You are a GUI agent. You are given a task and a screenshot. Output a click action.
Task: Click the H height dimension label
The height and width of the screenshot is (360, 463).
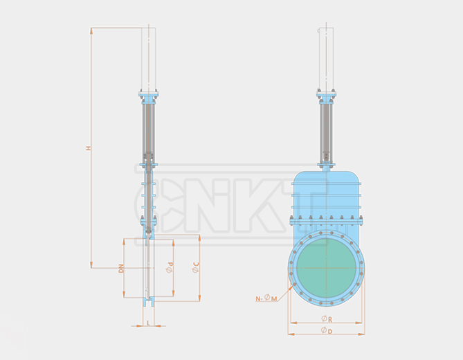[x=88, y=148]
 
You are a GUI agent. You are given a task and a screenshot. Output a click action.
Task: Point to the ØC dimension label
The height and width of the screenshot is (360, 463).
[x=196, y=266]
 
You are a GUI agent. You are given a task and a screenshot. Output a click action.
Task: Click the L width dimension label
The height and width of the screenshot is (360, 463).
[x=148, y=323]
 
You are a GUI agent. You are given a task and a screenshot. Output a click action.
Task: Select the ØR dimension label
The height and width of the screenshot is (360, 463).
[x=326, y=319]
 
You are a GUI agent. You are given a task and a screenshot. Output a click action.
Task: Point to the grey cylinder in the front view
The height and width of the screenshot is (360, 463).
[x=326, y=132]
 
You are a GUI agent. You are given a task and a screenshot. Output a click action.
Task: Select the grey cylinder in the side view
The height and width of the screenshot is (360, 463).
[x=148, y=132]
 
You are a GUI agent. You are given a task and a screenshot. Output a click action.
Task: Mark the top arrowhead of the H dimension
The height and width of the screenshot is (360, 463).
[x=91, y=30]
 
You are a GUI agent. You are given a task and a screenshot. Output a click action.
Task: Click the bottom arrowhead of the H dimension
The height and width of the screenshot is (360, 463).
[x=91, y=265]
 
